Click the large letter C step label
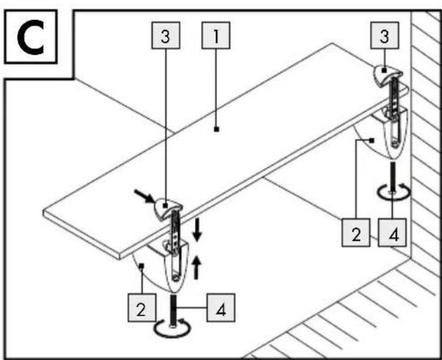pos(30,37)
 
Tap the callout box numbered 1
pos(216,35)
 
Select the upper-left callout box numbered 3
pos(166,35)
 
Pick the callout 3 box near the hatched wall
pos(384,35)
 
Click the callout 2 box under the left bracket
pos(141,308)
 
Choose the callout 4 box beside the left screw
pos(221,308)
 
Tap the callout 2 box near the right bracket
pos(356,233)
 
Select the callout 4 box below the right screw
pos(392,233)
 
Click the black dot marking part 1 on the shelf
pos(217,129)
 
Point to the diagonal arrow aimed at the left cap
pos(144,196)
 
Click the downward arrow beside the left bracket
pos(198,229)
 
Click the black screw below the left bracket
pos(173,310)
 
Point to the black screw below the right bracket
pos(393,177)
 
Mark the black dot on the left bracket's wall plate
pos(141,265)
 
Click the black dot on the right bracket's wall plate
pos(372,140)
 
